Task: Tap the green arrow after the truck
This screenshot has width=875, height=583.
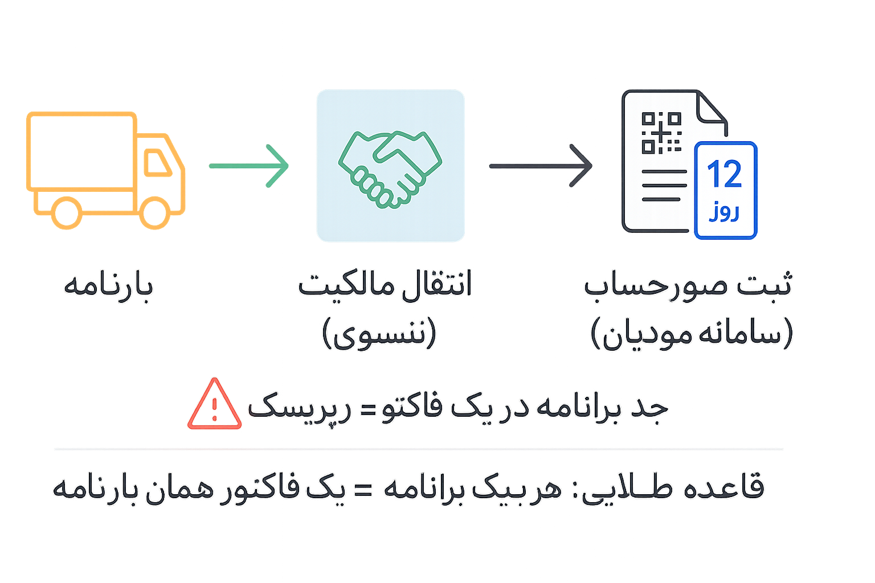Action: [x=249, y=166]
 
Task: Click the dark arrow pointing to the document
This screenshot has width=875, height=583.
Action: [x=541, y=166]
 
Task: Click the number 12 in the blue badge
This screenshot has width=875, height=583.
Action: [x=725, y=174]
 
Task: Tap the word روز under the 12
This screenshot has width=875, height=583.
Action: [x=724, y=212]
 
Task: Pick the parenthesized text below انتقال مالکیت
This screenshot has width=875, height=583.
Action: [x=379, y=333]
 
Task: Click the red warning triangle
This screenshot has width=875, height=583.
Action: [x=214, y=405]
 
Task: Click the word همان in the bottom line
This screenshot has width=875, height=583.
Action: [x=170, y=488]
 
